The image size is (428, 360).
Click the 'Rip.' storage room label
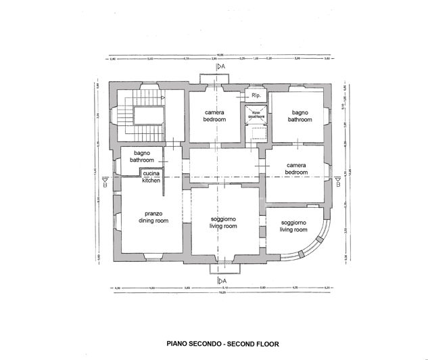pos(256,96)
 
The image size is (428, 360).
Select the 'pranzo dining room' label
pos(152,217)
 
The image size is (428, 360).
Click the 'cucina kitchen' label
pos(151,177)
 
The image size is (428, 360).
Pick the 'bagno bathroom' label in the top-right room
pos(300,116)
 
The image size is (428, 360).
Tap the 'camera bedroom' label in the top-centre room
pos(215,116)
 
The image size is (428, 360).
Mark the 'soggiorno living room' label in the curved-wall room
pos(293,226)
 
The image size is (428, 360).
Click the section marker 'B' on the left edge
pos(103,180)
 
